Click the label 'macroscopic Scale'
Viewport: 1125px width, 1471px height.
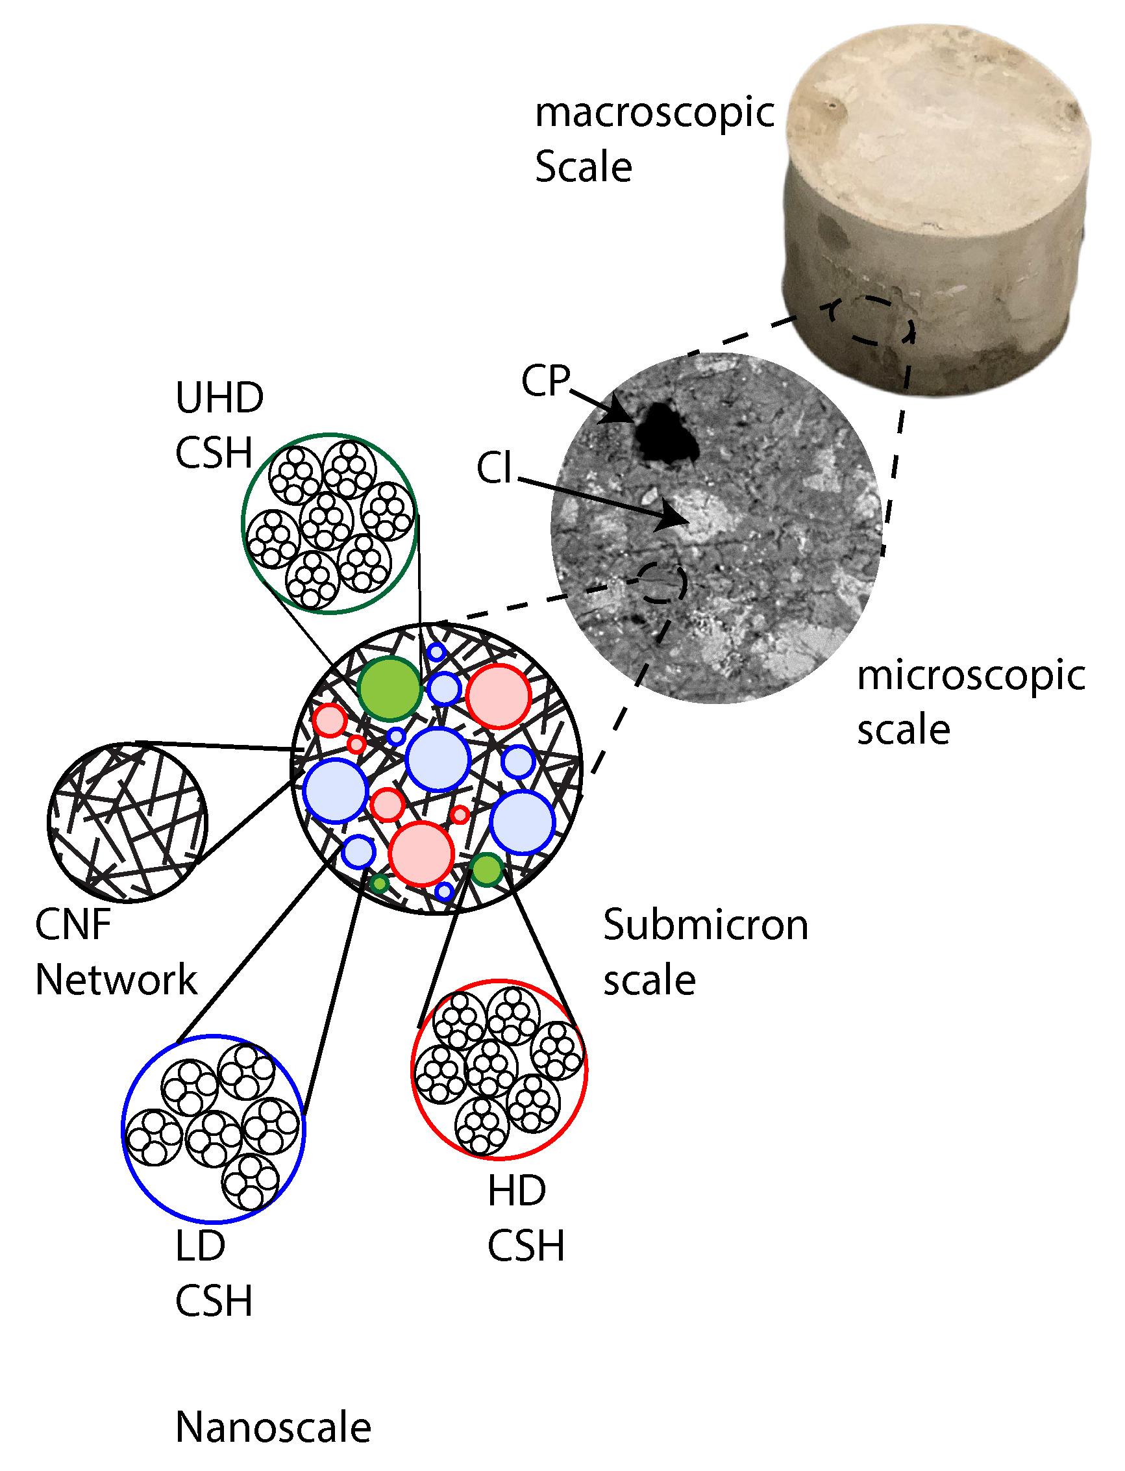click(x=653, y=139)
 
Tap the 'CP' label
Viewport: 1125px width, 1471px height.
click(x=546, y=381)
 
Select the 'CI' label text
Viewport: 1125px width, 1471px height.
click(x=494, y=468)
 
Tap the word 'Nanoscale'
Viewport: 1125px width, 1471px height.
click(x=273, y=1427)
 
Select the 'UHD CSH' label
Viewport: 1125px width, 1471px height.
click(x=219, y=425)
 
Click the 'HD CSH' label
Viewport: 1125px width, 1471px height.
click(x=525, y=1218)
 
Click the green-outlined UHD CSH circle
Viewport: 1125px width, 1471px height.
click(x=330, y=524)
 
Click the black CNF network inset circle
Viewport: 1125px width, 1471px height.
click(x=127, y=823)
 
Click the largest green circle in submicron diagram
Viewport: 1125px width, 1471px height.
click(x=389, y=688)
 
